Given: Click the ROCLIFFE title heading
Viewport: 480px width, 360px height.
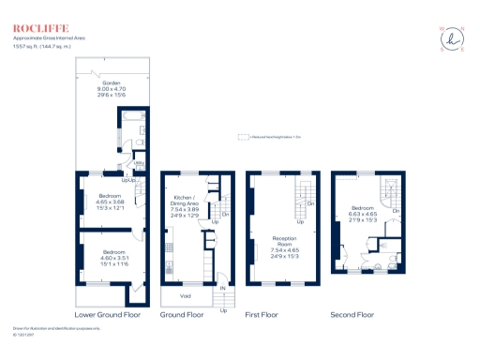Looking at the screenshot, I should point(34,28).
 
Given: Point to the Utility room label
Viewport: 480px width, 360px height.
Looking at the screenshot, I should point(137,161).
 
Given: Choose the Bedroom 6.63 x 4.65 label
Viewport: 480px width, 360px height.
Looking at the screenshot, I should point(365,213).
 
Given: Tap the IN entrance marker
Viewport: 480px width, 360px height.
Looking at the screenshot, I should point(223,289).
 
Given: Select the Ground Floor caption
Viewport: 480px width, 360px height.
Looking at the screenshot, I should point(182,316).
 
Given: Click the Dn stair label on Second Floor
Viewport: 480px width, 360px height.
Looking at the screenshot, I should point(397,211).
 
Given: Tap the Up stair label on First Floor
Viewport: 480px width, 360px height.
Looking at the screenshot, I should point(300,222).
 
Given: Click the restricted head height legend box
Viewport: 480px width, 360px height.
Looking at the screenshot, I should point(243,136).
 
